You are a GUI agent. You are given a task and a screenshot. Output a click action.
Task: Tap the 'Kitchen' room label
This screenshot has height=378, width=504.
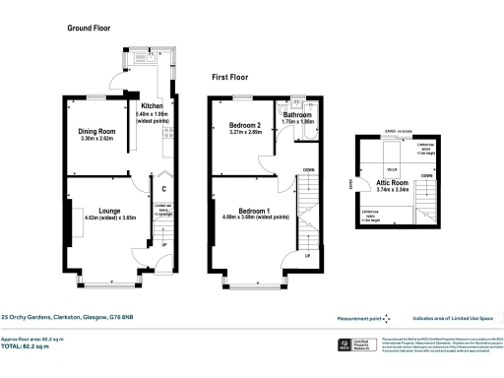152,105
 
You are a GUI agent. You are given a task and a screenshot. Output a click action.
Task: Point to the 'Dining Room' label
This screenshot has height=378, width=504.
97,132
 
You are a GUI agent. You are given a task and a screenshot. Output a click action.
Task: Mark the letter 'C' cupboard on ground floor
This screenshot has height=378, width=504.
163,189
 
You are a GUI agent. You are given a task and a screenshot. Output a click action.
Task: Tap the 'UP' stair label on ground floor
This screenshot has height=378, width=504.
163,245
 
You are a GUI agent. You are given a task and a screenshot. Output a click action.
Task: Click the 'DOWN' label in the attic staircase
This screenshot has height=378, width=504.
425,176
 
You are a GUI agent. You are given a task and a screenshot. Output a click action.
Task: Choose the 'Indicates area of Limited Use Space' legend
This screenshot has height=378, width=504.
454,318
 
